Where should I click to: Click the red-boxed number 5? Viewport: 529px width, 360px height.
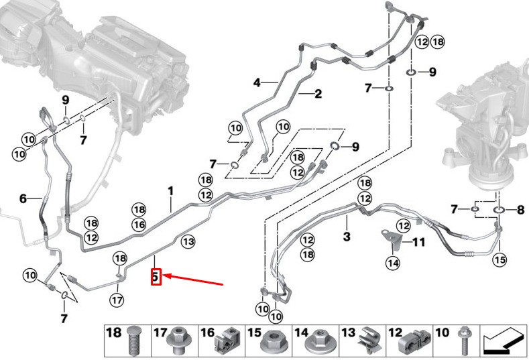155,277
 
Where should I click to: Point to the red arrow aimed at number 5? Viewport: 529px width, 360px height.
193,280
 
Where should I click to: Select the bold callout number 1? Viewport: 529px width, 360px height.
171,191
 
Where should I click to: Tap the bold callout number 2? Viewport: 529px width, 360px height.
318,94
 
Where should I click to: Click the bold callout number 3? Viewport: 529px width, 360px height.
347,237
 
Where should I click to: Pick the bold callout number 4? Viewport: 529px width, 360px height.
257,82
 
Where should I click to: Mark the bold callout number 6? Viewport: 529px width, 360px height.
23,198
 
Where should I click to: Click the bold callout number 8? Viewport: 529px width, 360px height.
520,210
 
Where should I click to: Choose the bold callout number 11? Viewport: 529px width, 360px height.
418,242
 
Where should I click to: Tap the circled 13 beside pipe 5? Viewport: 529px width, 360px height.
188,241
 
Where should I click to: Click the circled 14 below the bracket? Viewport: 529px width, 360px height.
393,263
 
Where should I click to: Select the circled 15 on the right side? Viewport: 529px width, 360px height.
499,259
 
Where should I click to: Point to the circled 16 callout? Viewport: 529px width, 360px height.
139,225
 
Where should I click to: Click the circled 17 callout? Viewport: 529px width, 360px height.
117,299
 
